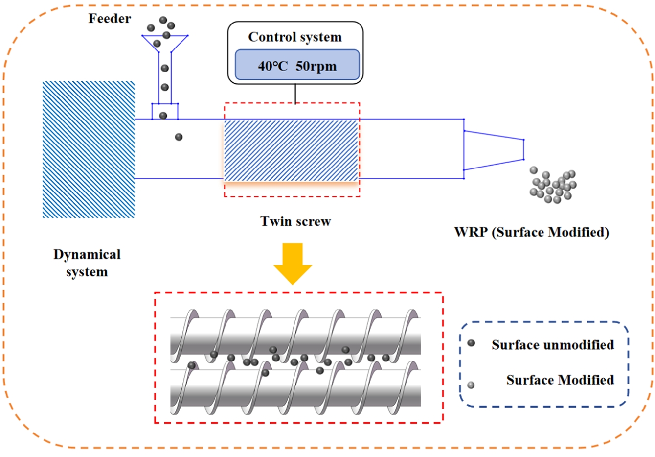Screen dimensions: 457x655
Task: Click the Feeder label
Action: (x=110, y=19)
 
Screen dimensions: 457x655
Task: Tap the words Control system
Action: (x=295, y=37)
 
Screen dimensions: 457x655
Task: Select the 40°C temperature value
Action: (x=273, y=66)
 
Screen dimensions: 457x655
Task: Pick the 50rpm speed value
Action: (x=316, y=66)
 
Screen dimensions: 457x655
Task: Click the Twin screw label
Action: (x=295, y=221)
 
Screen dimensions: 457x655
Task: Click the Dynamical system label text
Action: (x=87, y=263)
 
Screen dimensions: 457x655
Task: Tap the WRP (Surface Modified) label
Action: (x=532, y=232)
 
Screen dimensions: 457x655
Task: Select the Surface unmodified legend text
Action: (x=553, y=345)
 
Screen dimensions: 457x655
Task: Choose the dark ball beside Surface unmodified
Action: (x=471, y=343)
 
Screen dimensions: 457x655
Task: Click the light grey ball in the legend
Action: (x=471, y=385)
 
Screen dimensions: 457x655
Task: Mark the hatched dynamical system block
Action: (x=89, y=149)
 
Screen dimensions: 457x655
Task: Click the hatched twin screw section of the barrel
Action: (x=291, y=150)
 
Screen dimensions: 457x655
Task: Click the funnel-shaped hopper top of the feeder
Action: (x=165, y=42)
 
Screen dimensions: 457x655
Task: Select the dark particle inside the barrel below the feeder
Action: (x=179, y=137)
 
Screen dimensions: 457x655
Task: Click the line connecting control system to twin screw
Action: (x=295, y=94)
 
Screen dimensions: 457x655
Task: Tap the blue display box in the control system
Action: (x=297, y=65)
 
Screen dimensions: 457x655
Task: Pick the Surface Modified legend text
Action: (x=560, y=380)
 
